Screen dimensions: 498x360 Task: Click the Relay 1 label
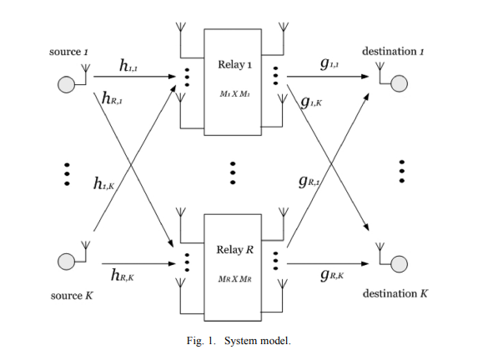coord(234,64)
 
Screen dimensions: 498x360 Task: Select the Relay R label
coord(235,250)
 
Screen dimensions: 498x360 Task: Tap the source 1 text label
coord(68,52)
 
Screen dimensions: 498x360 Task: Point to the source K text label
coord(72,296)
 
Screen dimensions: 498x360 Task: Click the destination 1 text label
coord(393,52)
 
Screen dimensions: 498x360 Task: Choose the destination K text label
coord(395,293)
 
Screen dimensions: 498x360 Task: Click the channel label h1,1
coord(128,66)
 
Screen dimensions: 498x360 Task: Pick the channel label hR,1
coord(112,98)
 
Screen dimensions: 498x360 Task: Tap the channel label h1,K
coord(103,183)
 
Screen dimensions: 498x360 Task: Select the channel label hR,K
coord(123,275)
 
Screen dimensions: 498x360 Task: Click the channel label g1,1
coord(329,64)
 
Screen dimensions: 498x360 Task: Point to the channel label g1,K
coord(311,102)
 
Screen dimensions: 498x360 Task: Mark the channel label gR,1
coord(309,182)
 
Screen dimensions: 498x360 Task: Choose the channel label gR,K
coord(332,275)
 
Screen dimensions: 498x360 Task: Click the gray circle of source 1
coord(67,85)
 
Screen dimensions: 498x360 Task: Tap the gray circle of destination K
coord(399,264)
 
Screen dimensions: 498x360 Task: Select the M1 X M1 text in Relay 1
coord(234,94)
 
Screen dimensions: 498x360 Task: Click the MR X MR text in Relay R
coord(234,279)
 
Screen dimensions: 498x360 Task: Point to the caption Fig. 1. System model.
coord(239,341)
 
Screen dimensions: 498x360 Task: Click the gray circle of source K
coord(67,262)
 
